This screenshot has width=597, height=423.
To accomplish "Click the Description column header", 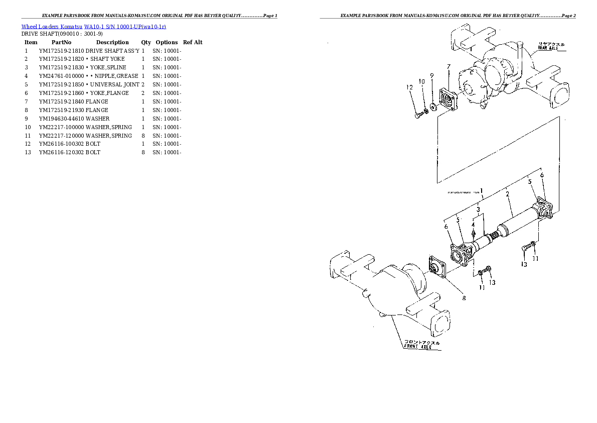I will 112,42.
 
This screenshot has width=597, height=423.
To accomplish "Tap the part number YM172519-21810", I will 61,51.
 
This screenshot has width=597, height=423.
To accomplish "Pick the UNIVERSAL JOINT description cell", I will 114,84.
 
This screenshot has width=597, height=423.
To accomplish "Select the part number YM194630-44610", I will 61,119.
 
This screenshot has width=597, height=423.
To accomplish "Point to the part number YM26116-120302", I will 61,152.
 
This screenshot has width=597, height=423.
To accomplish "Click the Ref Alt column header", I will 193,42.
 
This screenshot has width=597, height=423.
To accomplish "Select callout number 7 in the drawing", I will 449,66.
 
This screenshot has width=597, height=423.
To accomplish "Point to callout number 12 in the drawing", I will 410,87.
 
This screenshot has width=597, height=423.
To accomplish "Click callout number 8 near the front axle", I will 464,298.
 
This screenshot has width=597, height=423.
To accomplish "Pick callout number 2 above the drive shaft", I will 507,194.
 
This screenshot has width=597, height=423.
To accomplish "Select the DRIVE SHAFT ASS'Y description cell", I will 112,51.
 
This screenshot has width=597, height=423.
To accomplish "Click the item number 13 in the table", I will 28,152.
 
